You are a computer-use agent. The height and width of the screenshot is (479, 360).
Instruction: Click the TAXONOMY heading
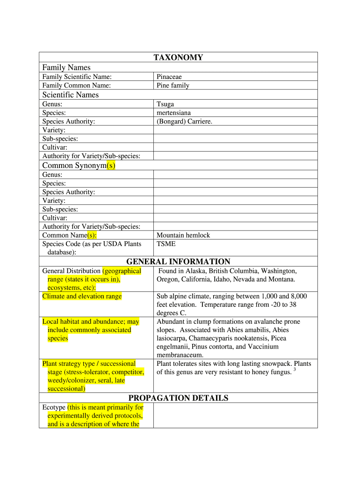[178, 58]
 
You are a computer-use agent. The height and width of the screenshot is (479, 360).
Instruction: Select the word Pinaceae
[169, 77]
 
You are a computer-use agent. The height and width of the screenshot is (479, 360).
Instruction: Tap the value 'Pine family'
[173, 85]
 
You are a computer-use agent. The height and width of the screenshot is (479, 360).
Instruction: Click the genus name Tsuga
[165, 104]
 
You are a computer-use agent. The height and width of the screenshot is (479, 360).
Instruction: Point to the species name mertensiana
[173, 113]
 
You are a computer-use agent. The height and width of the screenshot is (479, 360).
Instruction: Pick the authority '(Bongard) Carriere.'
[184, 121]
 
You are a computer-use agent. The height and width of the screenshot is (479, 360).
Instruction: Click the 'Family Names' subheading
[66, 67]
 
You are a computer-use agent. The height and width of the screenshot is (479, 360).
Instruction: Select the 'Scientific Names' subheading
[71, 95]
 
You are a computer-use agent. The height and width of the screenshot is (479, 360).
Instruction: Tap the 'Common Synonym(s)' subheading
[79, 166]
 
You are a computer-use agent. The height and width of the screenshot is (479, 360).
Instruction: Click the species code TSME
[166, 244]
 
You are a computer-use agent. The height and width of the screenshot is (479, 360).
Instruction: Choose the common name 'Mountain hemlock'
[183, 235]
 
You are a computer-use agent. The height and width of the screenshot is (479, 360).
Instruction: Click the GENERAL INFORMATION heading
[178, 262]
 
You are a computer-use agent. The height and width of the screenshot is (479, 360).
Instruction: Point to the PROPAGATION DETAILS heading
[178, 398]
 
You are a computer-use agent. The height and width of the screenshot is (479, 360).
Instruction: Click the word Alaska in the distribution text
[196, 271]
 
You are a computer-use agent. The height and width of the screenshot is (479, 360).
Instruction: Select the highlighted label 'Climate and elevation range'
[82, 296]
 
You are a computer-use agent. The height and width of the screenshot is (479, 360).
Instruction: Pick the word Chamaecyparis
[211, 338]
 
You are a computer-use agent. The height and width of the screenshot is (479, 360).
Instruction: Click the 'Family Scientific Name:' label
[77, 77]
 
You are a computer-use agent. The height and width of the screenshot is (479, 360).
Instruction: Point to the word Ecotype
[54, 407]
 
